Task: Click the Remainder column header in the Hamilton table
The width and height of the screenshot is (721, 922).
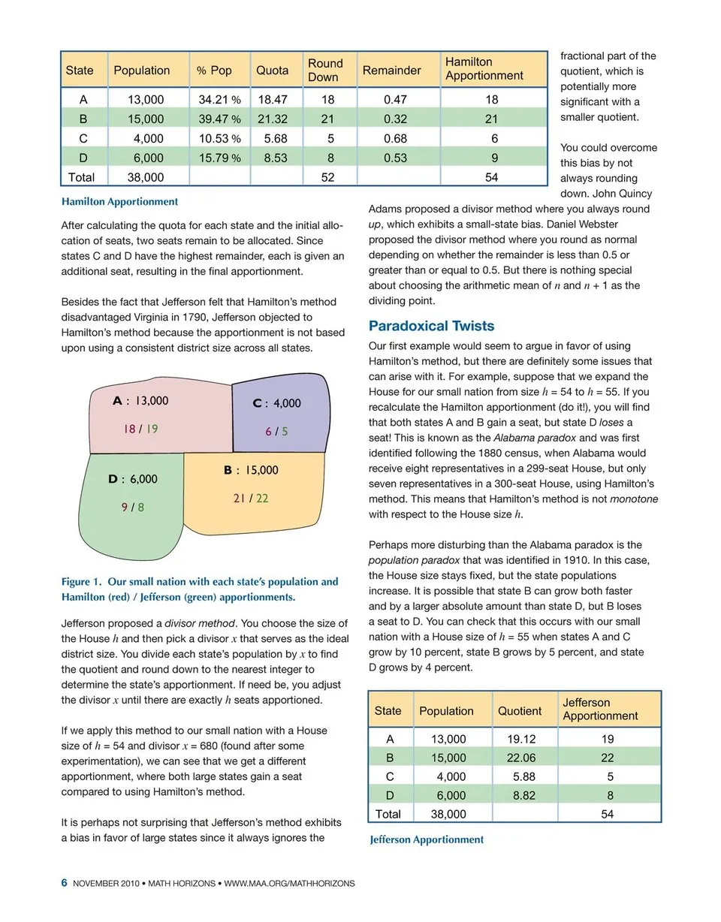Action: pyautogui.click(x=391, y=71)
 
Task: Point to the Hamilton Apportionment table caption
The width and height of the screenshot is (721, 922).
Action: pyautogui.click(x=119, y=202)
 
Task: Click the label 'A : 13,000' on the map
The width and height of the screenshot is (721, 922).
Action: pyautogui.click(x=140, y=401)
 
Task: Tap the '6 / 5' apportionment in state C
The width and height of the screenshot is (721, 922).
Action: pyautogui.click(x=276, y=432)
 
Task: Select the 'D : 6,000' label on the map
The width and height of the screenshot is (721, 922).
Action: pyautogui.click(x=133, y=479)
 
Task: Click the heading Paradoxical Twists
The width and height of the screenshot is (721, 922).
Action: pyautogui.click(x=431, y=326)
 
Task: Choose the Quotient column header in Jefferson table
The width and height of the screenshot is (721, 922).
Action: pyautogui.click(x=519, y=710)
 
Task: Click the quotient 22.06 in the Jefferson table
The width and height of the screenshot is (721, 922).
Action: pyautogui.click(x=519, y=758)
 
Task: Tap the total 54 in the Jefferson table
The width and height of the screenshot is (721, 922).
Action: pyautogui.click(x=608, y=814)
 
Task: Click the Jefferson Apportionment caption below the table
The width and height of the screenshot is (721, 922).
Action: pyautogui.click(x=427, y=839)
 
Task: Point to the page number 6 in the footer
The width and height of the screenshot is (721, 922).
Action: pyautogui.click(x=65, y=883)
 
